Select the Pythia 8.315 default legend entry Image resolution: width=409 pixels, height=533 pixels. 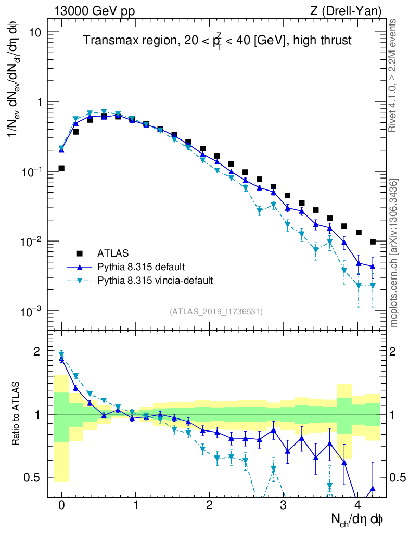tap(140, 267)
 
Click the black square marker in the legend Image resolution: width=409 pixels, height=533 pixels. tap(80, 253)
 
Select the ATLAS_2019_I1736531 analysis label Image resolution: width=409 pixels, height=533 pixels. tap(216, 312)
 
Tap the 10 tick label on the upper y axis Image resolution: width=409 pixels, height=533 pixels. tap(34, 32)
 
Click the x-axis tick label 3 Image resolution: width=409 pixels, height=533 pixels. tap(283, 505)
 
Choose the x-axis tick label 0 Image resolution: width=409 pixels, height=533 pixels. tap(61, 505)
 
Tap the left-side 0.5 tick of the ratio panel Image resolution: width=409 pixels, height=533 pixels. tap(33, 477)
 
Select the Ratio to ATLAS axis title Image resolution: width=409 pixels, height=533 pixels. tap(17, 414)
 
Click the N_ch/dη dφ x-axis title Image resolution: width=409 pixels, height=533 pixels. tap(357, 518)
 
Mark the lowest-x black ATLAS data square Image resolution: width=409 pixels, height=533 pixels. tap(61, 168)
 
